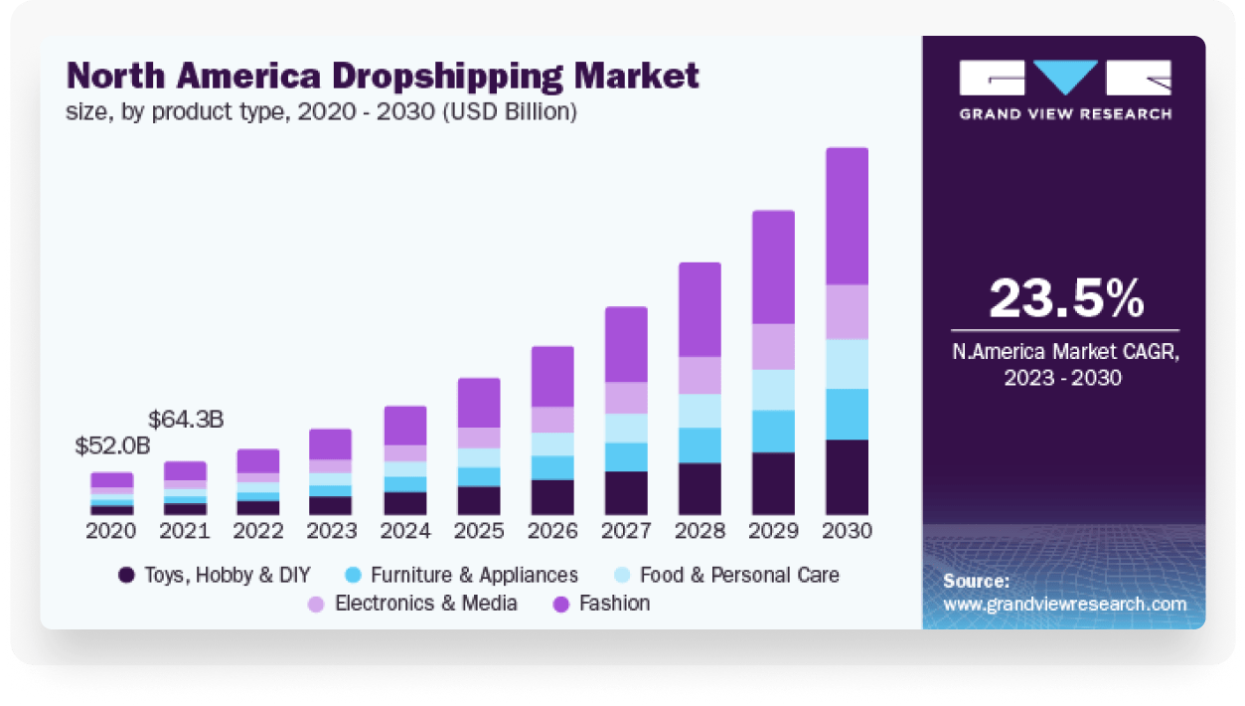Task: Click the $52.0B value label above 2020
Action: point(112,446)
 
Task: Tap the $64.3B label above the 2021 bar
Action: point(186,420)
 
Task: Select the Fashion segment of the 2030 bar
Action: point(847,216)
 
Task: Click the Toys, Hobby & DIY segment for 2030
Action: point(847,476)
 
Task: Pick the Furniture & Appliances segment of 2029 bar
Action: point(773,431)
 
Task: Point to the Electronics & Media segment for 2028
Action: point(700,375)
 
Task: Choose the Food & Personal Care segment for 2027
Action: point(626,428)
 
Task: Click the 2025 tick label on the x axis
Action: point(479,531)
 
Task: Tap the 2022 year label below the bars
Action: point(258,531)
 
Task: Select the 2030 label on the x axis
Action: point(847,531)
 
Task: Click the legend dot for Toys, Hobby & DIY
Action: point(126,575)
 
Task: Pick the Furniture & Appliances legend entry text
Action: point(474,575)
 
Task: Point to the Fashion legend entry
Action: point(614,603)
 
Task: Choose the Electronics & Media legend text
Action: point(426,603)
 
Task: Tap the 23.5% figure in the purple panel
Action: point(1066,298)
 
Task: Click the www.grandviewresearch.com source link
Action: point(1064,604)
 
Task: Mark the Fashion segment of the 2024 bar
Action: point(405,425)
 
